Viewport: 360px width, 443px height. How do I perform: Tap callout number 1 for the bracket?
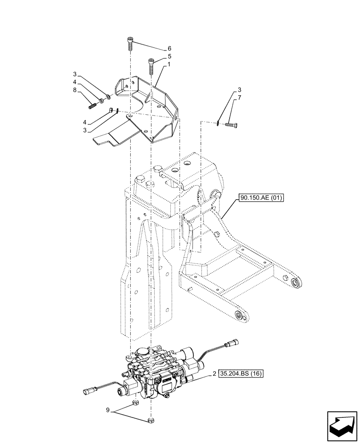[169, 65]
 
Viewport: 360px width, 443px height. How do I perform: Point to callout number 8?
[75, 90]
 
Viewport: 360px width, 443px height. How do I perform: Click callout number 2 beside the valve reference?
[215, 374]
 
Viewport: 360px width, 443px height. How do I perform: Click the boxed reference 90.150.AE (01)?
[262, 198]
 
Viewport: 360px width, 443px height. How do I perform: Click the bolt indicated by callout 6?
[130, 44]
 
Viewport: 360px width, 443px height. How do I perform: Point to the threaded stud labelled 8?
[94, 106]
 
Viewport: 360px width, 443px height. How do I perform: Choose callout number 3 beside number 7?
[239, 89]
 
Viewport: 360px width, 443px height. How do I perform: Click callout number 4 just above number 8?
[75, 82]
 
